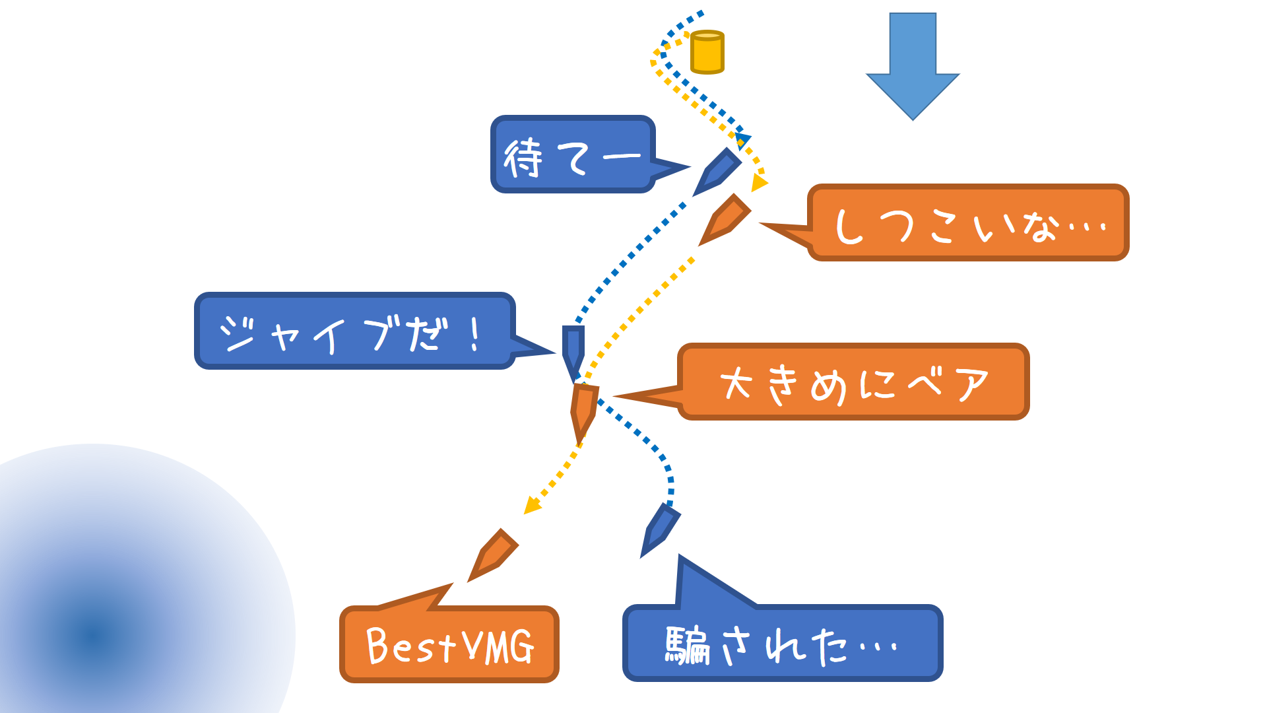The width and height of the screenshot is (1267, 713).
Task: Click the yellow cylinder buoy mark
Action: coord(707,52)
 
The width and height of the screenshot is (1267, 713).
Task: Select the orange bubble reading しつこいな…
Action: coord(968,222)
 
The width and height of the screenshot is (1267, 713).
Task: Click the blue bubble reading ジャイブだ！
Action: coord(354,331)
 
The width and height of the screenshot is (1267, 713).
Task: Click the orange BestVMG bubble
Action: coord(449,644)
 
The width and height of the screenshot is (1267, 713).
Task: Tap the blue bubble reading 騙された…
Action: coord(783,643)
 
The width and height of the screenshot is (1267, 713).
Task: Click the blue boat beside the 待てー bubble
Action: coord(717,172)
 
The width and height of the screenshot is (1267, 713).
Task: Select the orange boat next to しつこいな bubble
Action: coord(725,219)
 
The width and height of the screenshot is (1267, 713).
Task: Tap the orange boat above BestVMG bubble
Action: coord(493,555)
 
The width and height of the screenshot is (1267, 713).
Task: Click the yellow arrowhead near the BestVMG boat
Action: coord(531,506)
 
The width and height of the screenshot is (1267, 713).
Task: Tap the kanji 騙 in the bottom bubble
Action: coord(687,645)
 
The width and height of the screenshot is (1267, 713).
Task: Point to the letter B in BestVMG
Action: coord(378,645)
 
